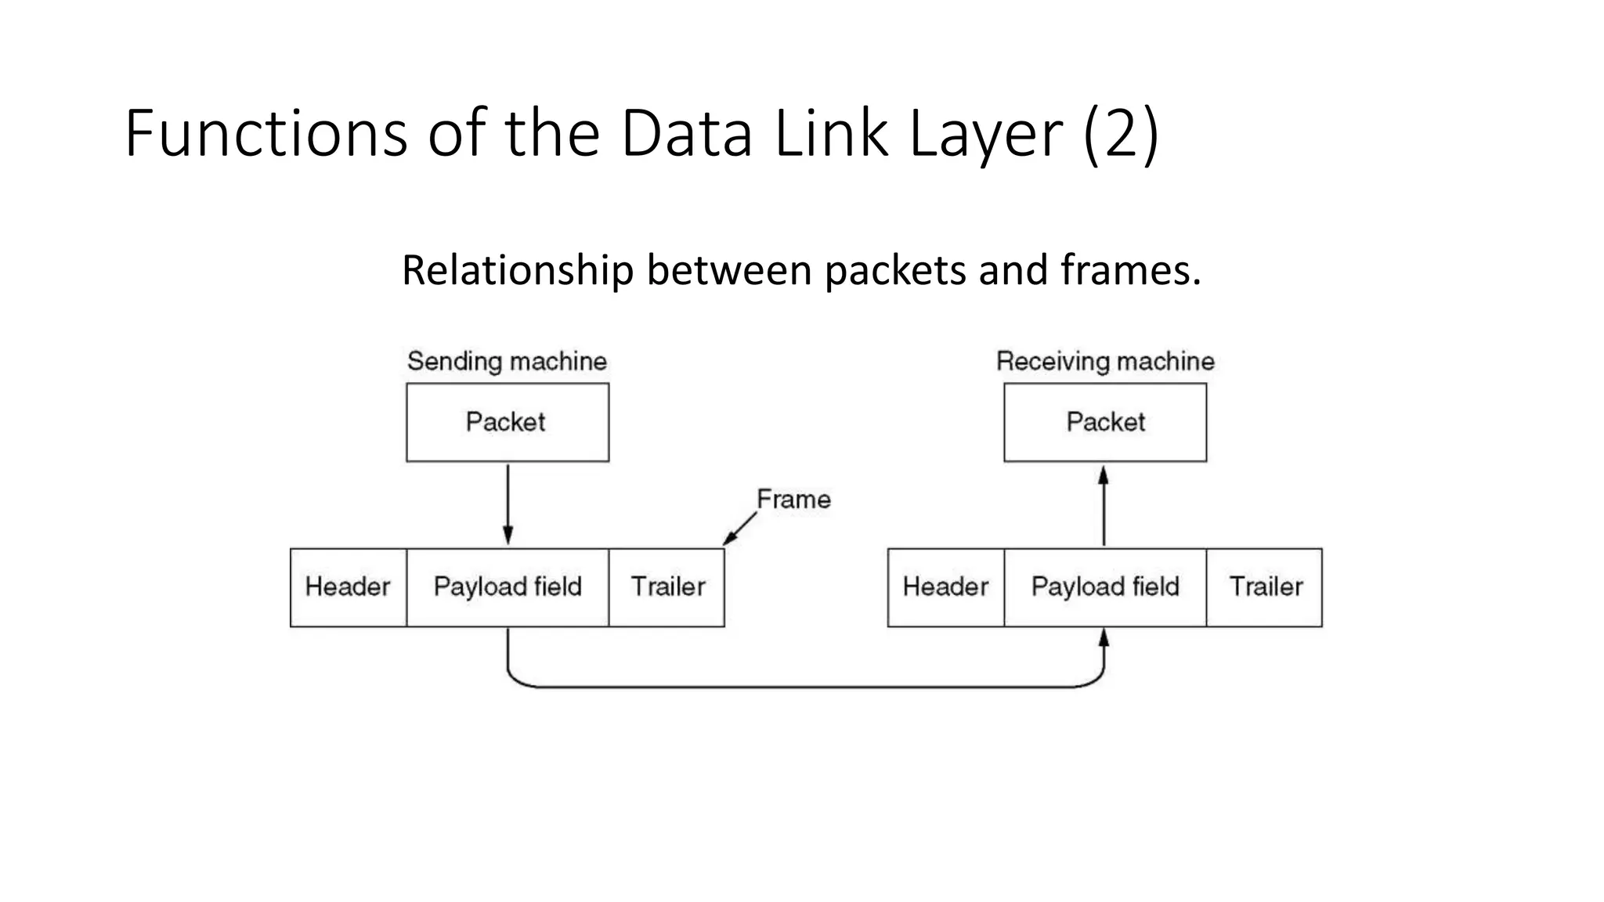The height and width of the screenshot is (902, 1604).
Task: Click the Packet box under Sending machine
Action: coord(508,422)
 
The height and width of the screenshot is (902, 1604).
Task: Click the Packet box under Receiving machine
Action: coord(1105,422)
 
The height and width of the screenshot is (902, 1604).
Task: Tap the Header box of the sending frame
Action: coord(348,587)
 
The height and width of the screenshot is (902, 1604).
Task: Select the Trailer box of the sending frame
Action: coord(667,587)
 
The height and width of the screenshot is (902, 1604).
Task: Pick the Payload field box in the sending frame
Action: coord(508,587)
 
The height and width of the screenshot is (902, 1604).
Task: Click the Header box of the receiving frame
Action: coord(945,587)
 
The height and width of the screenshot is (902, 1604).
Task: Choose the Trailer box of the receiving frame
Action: coord(1265,587)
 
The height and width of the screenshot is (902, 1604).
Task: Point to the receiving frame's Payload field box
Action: coord(1105,587)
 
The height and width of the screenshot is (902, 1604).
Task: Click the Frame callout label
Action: coord(793,500)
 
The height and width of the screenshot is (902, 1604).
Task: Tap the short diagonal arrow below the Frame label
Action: coord(740,529)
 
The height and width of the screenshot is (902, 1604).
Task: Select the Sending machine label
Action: coord(507,361)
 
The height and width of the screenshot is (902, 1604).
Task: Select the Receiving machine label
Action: coord(1105,361)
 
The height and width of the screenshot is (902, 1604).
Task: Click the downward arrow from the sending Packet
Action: coord(508,505)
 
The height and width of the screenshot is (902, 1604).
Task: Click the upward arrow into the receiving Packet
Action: coord(1104,507)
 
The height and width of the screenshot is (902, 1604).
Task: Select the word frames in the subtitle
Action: coord(1130,270)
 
